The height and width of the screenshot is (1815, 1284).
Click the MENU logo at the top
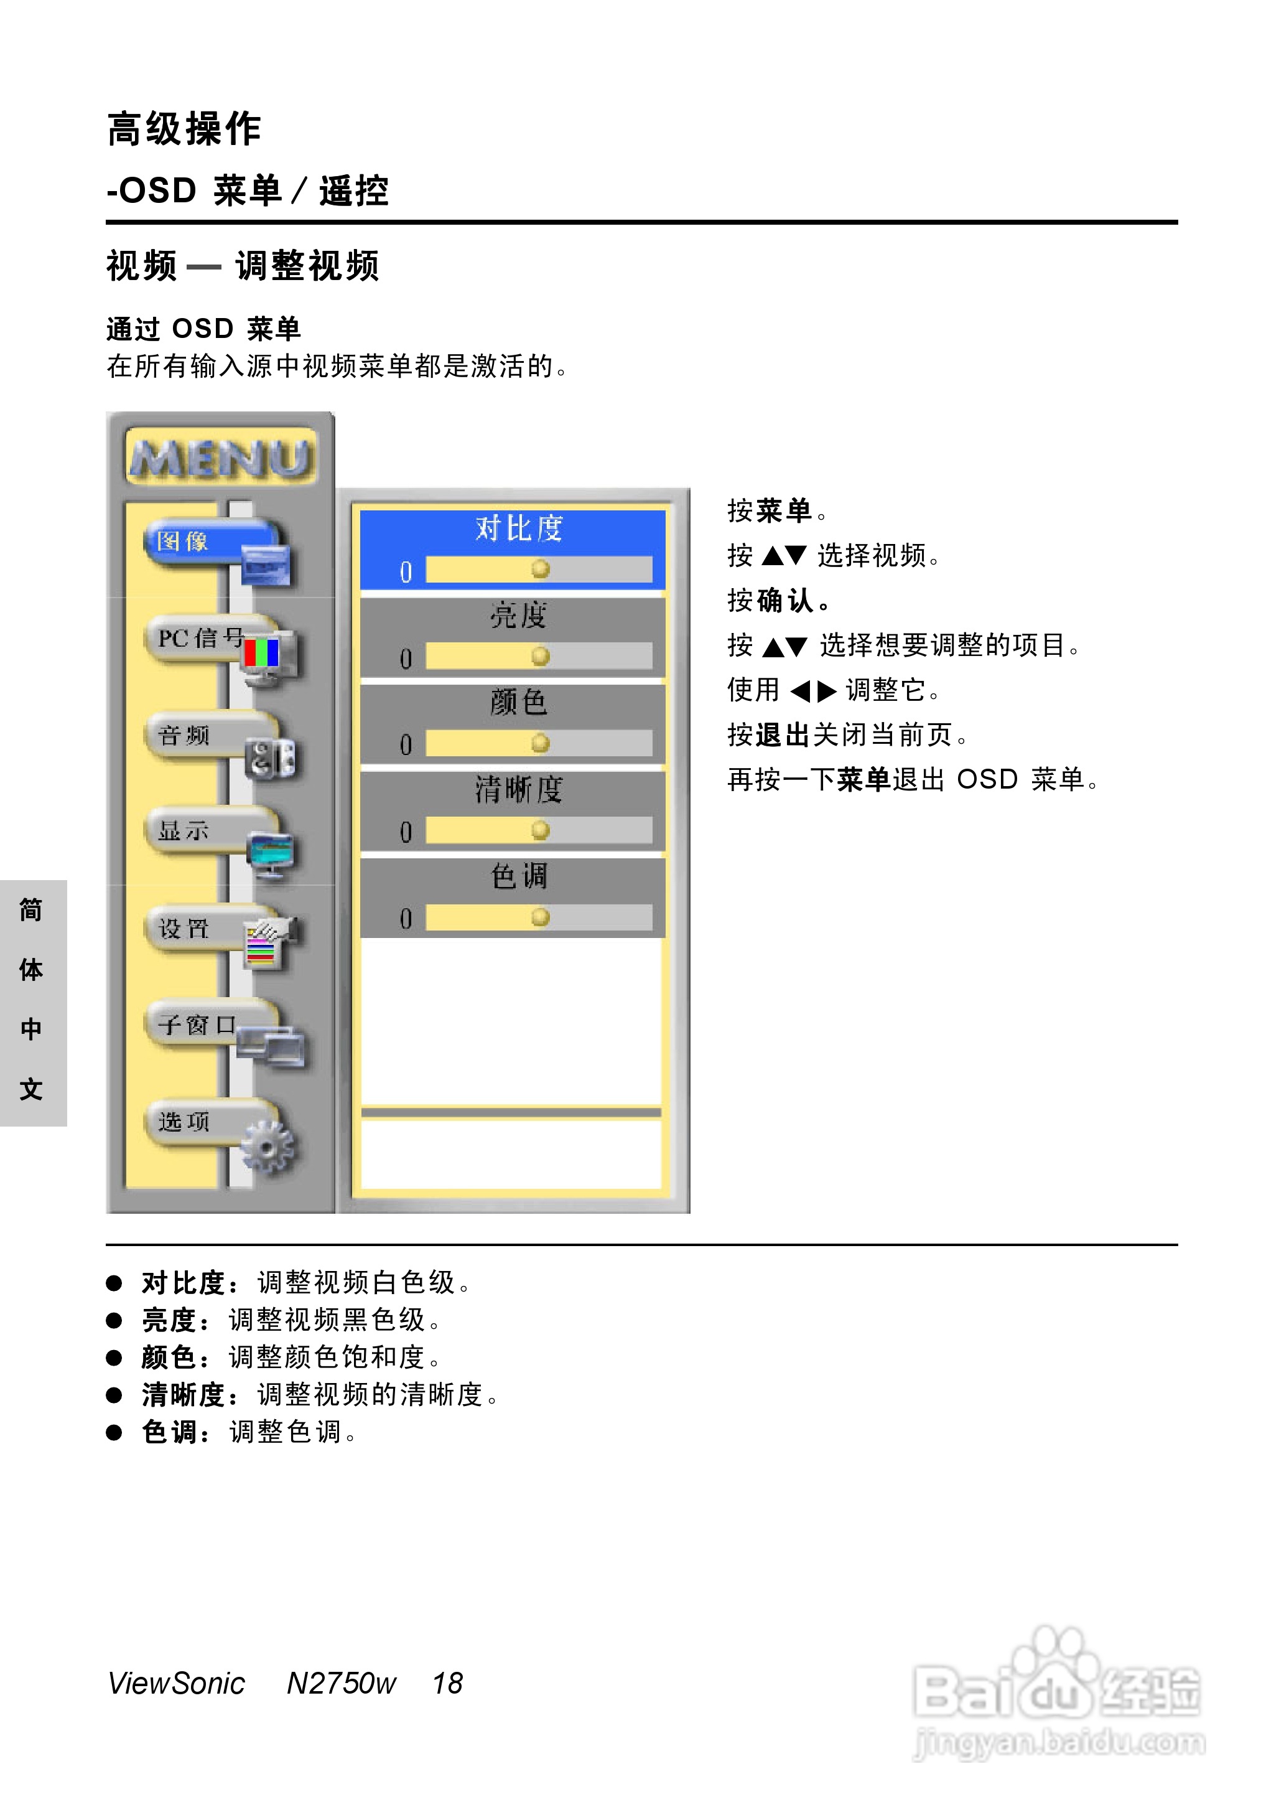(x=221, y=458)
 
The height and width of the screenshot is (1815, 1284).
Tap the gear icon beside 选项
(x=266, y=1146)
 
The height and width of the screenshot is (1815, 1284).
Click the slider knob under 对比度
(x=541, y=569)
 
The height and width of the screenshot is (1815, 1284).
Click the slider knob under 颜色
(x=541, y=743)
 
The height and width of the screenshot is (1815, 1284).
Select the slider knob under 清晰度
(x=541, y=830)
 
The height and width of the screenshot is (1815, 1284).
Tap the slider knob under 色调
(x=541, y=917)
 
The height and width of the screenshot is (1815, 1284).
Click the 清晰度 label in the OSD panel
(x=519, y=789)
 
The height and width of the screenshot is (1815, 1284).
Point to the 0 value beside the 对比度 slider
(x=406, y=572)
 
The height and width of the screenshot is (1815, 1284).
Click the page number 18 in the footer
(x=447, y=1684)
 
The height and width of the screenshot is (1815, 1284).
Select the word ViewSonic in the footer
(x=176, y=1684)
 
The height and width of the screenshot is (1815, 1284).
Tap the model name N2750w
(x=341, y=1684)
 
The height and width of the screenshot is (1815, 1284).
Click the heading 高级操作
(x=184, y=129)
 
